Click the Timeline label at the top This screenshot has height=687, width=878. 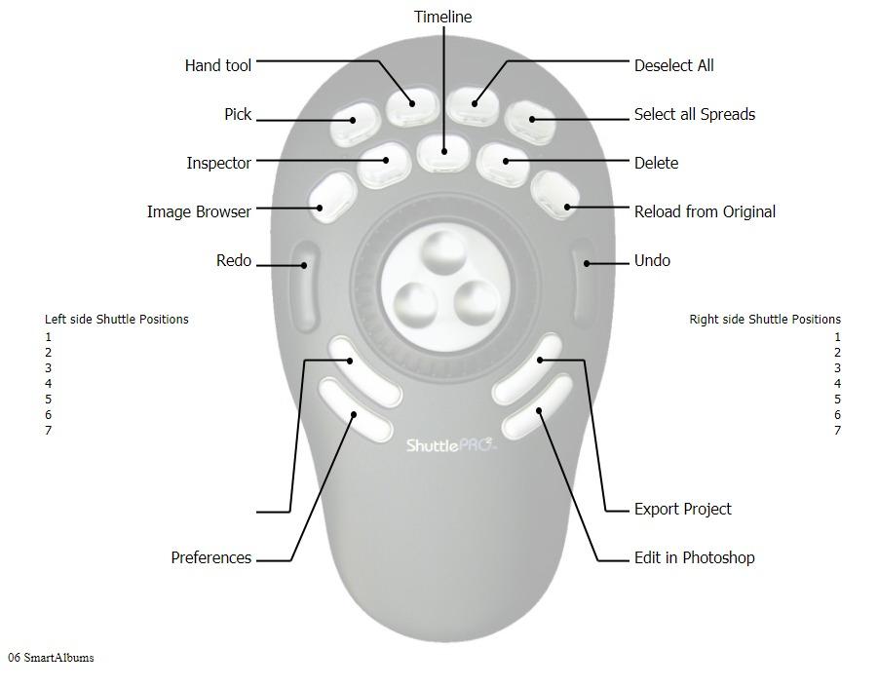point(443,17)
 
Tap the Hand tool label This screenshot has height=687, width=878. point(218,65)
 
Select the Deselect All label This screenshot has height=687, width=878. point(673,65)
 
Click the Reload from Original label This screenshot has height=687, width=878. point(705,211)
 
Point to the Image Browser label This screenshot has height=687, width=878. point(199,211)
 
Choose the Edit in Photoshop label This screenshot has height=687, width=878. point(695,557)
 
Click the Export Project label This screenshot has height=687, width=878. point(682,509)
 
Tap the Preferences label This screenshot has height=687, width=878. point(211,557)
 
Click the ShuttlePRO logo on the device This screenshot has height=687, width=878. point(452,445)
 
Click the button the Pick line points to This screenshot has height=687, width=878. point(355,123)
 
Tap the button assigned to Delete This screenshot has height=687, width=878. point(503,164)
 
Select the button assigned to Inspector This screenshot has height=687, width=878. point(384,165)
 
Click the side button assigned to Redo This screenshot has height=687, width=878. point(304,286)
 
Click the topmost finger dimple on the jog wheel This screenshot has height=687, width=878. point(443,253)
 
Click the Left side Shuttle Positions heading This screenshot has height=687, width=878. point(117,320)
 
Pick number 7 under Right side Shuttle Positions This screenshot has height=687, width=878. point(837,431)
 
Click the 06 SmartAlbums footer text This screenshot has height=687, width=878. point(51,658)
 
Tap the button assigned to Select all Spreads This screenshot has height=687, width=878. point(530,122)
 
